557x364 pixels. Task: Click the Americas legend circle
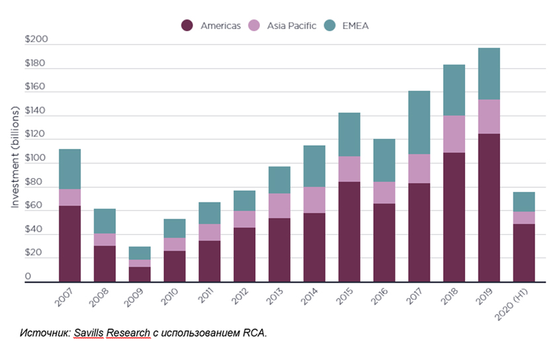187,26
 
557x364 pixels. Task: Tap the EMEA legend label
356,26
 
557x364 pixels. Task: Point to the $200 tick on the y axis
36,40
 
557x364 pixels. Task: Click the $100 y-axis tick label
36,158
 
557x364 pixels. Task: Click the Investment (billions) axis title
15,163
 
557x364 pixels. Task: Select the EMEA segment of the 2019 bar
489,73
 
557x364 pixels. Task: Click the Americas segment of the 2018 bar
454,217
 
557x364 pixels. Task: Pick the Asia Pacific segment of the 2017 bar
419,169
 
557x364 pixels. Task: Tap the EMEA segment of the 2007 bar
69,169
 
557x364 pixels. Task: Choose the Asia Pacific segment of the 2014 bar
314,200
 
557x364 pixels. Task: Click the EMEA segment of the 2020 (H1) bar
524,202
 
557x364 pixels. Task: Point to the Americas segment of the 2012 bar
244,255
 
